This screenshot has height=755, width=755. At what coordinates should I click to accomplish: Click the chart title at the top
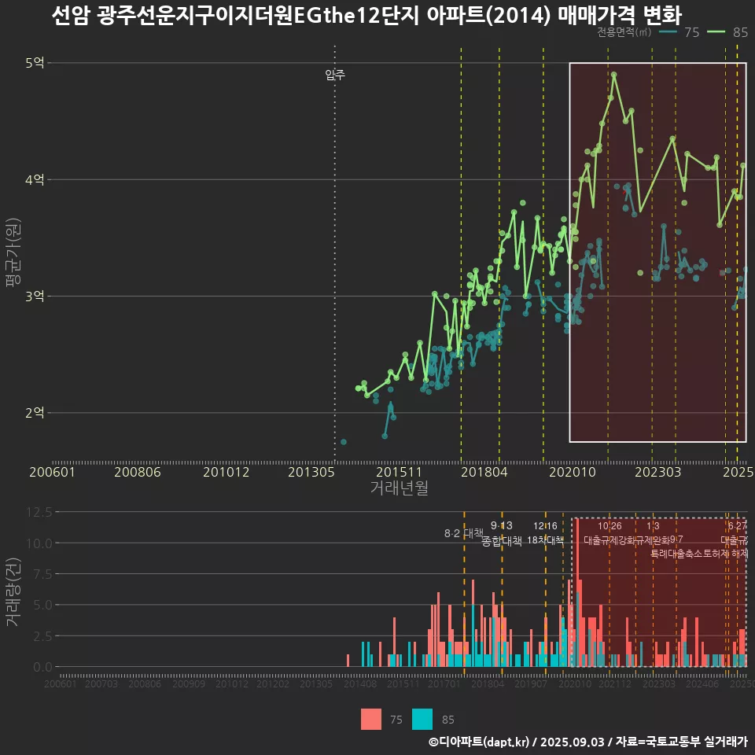coord(366,16)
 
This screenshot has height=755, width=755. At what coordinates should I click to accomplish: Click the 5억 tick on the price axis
coord(35,63)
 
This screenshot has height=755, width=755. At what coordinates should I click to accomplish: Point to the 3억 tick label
coord(35,296)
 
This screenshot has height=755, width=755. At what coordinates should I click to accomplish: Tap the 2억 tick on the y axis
coord(35,412)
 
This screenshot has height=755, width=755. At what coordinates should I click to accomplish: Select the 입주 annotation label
coord(335,75)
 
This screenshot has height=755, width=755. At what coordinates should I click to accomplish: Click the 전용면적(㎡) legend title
coord(624,32)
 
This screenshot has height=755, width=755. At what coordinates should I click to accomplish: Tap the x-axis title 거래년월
coord(399,488)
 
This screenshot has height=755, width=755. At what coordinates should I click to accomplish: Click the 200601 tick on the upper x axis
coord(52,472)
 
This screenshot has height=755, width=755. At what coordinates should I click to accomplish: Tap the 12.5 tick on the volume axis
coord(39,511)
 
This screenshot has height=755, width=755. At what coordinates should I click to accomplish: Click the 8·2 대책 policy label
coord(464,532)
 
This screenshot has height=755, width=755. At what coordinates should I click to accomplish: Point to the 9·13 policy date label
coord(501,525)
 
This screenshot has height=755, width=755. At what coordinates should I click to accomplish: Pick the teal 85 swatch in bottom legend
coord(422,719)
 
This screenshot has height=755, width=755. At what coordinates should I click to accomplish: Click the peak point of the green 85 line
coord(613,75)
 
